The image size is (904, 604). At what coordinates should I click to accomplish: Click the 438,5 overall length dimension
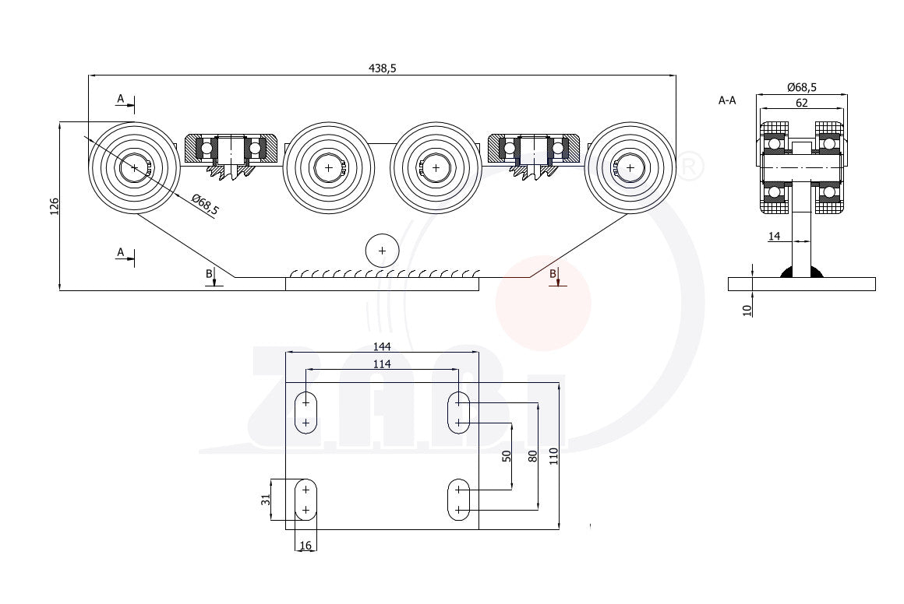pyautogui.click(x=382, y=68)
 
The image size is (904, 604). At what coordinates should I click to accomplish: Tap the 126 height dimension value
pyautogui.click(x=55, y=207)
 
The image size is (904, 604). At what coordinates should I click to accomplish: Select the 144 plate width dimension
pyautogui.click(x=382, y=346)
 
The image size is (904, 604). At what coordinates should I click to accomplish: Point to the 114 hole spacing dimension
pyautogui.click(x=382, y=364)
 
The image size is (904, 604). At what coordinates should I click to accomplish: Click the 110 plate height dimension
pyautogui.click(x=554, y=457)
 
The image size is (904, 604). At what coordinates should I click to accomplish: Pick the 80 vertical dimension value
pyautogui.click(x=533, y=456)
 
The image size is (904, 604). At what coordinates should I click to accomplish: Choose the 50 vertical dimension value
pyautogui.click(x=507, y=456)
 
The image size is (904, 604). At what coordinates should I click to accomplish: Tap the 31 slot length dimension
pyautogui.click(x=265, y=500)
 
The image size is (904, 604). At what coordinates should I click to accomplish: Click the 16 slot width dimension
pyautogui.click(x=305, y=545)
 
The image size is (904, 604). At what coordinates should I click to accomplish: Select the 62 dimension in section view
pyautogui.click(x=801, y=103)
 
